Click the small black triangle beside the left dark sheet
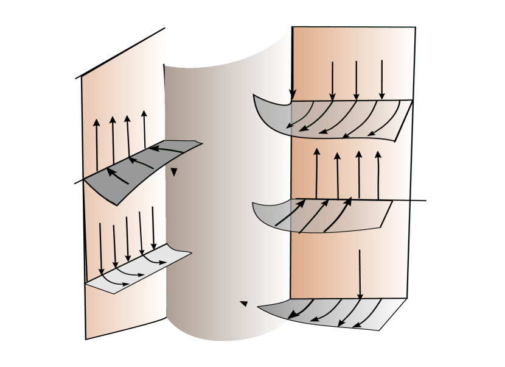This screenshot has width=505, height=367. [174, 173]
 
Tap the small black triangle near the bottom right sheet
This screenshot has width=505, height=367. [244, 303]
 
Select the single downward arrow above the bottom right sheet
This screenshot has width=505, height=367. [360, 274]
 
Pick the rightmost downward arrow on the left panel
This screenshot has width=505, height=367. [153, 226]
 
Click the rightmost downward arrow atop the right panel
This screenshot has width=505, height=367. [382, 79]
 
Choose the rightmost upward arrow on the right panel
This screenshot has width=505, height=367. [378, 174]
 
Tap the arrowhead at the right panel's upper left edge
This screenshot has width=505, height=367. [292, 94]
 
